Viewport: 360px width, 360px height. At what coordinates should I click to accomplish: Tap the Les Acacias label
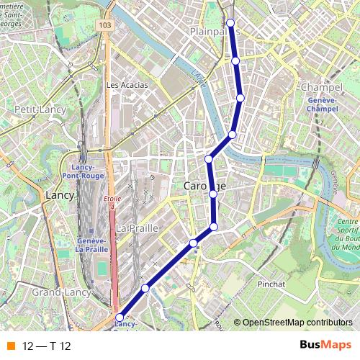click(127, 84)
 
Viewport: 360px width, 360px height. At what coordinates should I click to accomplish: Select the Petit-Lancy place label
click(40, 109)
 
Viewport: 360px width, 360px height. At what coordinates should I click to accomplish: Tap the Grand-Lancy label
click(55, 293)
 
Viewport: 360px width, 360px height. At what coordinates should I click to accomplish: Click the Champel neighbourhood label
click(318, 87)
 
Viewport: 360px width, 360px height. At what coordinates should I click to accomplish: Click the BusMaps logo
click(322, 346)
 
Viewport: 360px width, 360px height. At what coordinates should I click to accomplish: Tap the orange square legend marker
click(9, 346)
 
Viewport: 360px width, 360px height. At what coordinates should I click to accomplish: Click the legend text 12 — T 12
click(47, 346)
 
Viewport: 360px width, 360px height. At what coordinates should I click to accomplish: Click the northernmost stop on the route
click(230, 22)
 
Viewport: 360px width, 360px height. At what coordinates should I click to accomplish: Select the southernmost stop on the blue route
click(120, 315)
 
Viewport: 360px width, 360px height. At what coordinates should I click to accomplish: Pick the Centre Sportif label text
click(347, 226)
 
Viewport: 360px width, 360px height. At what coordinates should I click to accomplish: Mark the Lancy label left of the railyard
click(59, 194)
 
